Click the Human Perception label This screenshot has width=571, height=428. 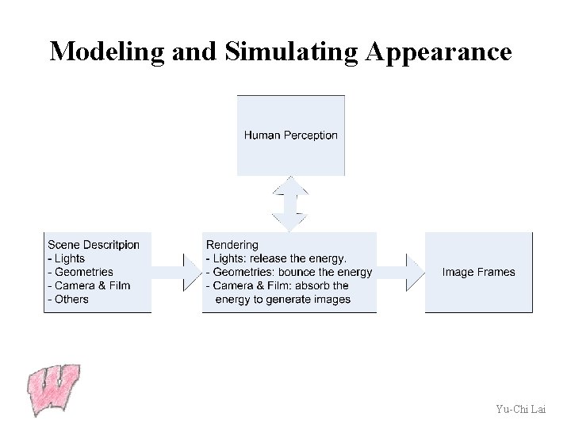tap(290, 135)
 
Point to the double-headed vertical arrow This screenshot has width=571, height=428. tap(290, 204)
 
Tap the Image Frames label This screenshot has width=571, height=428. tap(478, 272)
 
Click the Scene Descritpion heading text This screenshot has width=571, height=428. tap(94, 245)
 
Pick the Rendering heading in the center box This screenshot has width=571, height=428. tap(232, 245)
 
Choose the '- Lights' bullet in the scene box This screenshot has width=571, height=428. tap(67, 258)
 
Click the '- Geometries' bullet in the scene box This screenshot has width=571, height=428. tap(81, 272)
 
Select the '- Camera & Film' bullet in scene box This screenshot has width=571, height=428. tap(89, 285)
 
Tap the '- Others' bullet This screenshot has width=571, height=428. tap(68, 299)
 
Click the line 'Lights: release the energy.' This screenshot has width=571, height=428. tap(277, 258)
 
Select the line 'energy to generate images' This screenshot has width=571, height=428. tap(282, 299)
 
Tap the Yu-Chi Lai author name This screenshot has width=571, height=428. tap(519, 409)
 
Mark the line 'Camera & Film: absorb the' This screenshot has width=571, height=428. tap(278, 285)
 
